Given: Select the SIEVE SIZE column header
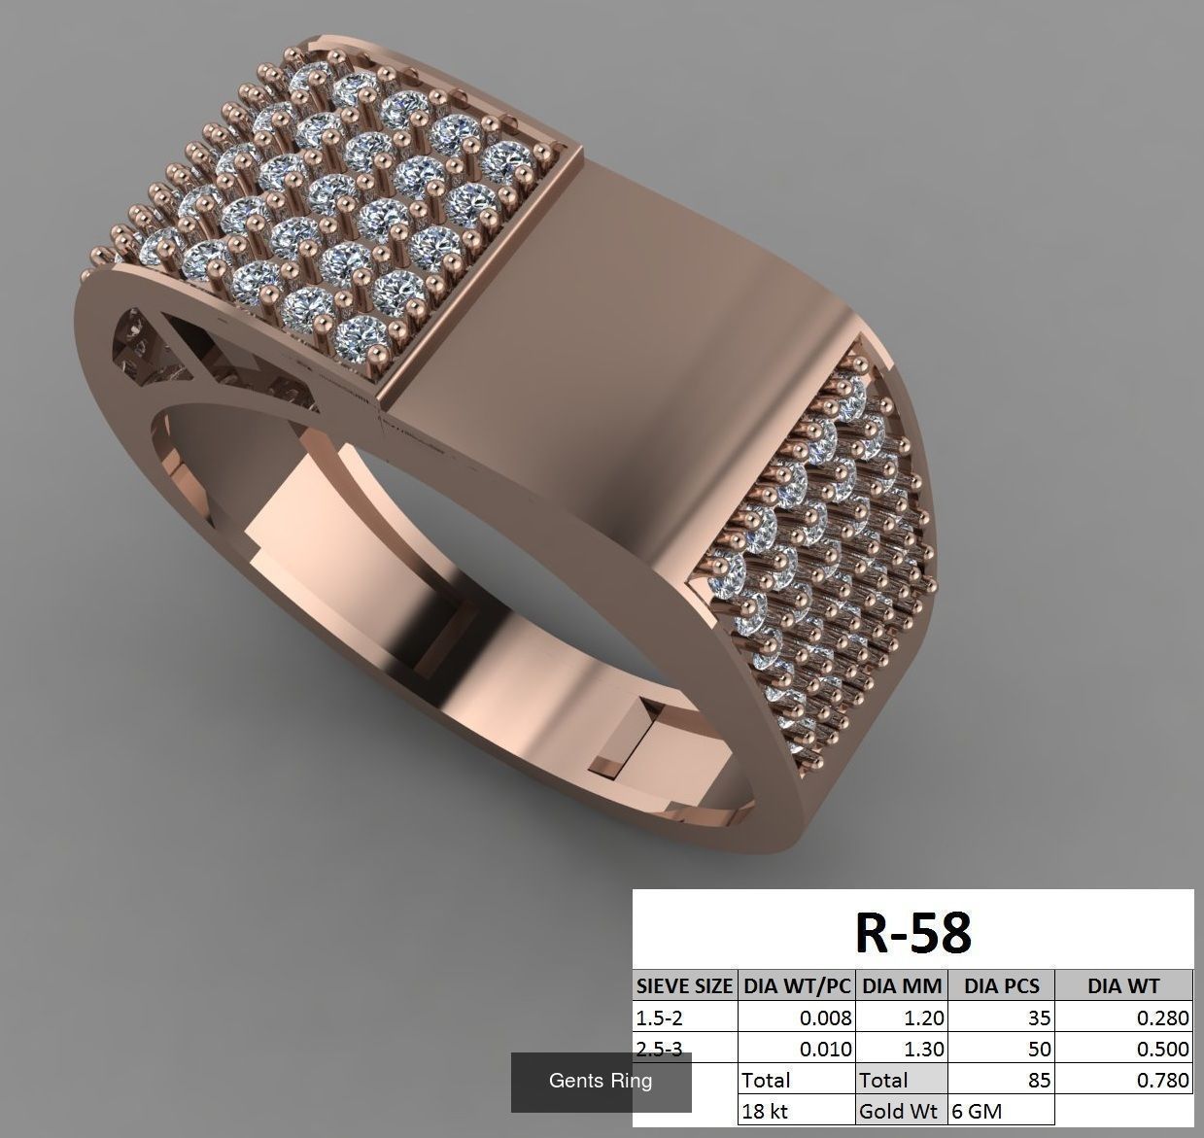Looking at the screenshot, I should click(684, 985).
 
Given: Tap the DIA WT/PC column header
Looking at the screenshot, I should click(796, 985).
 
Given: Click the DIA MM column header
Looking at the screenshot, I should click(902, 985).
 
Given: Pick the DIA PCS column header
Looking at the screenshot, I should click(1001, 985).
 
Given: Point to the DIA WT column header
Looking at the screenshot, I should click(1123, 985).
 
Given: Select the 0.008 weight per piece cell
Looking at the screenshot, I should click(825, 1017).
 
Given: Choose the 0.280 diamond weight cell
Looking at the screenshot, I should click(1164, 1017).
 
